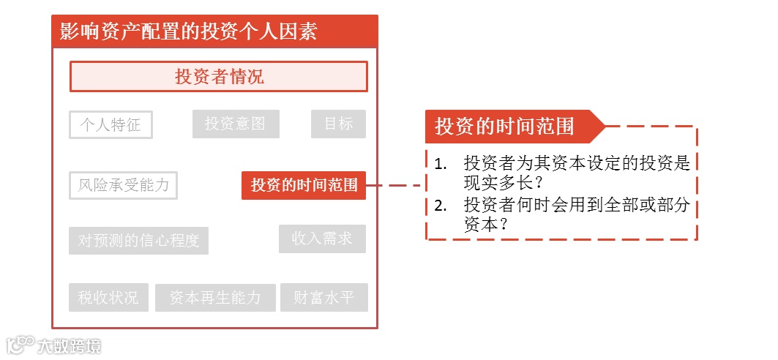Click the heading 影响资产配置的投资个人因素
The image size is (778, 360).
point(189,32)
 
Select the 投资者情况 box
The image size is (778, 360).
point(218,77)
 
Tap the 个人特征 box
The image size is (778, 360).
point(111,125)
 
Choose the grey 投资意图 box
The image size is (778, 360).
point(236,124)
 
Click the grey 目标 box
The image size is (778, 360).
point(338,124)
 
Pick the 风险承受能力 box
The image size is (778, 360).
point(124,185)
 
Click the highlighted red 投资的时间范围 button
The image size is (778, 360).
point(304,185)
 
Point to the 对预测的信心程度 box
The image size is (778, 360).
point(139,241)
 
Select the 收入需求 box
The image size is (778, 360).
point(322,239)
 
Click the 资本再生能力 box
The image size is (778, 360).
point(215,298)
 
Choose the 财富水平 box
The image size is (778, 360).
point(323,298)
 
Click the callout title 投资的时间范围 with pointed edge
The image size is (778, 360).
point(505,126)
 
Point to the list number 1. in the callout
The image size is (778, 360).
point(440,163)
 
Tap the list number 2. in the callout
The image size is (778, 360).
point(440,206)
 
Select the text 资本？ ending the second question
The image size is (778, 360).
point(486,225)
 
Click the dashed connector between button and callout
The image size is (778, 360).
point(395,185)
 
